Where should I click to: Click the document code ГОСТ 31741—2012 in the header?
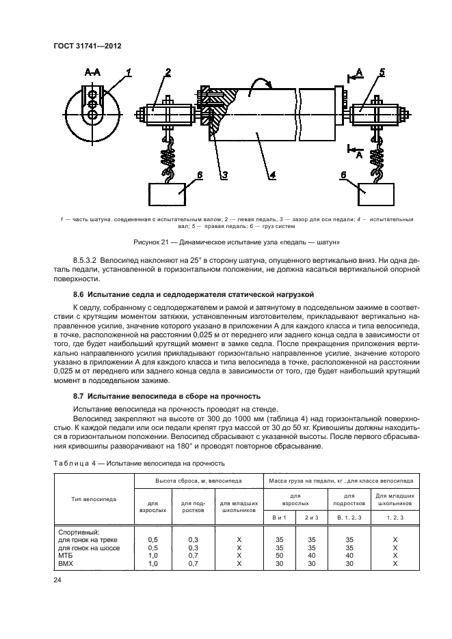click(92, 47)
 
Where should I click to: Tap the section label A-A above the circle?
click(92, 72)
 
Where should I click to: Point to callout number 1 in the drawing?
click(129, 71)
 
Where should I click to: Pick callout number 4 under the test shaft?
click(271, 175)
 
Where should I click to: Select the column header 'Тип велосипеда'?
click(94, 498)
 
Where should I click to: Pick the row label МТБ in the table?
click(66, 555)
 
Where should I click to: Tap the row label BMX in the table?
click(66, 564)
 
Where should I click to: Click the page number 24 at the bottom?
click(57, 580)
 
